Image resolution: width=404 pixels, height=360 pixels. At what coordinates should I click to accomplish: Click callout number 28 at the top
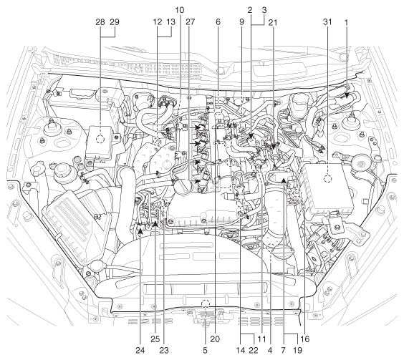coord(100,22)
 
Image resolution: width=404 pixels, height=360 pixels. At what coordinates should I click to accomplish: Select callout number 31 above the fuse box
coord(327,22)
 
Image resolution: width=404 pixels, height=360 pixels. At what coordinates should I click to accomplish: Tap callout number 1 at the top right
coord(346,23)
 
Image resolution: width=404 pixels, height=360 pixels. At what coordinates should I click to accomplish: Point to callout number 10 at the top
coord(180,10)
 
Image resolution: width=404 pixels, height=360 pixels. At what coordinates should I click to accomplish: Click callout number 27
coord(191,22)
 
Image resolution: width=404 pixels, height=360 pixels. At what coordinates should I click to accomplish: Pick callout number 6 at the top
coord(218,22)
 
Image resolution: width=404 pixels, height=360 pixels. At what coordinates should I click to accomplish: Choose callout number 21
coord(273,23)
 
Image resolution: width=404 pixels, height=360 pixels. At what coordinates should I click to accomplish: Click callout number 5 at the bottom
coord(205,350)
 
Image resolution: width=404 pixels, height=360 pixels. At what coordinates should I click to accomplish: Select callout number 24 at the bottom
coord(140,350)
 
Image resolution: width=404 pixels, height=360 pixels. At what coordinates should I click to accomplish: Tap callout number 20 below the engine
coord(215,339)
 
